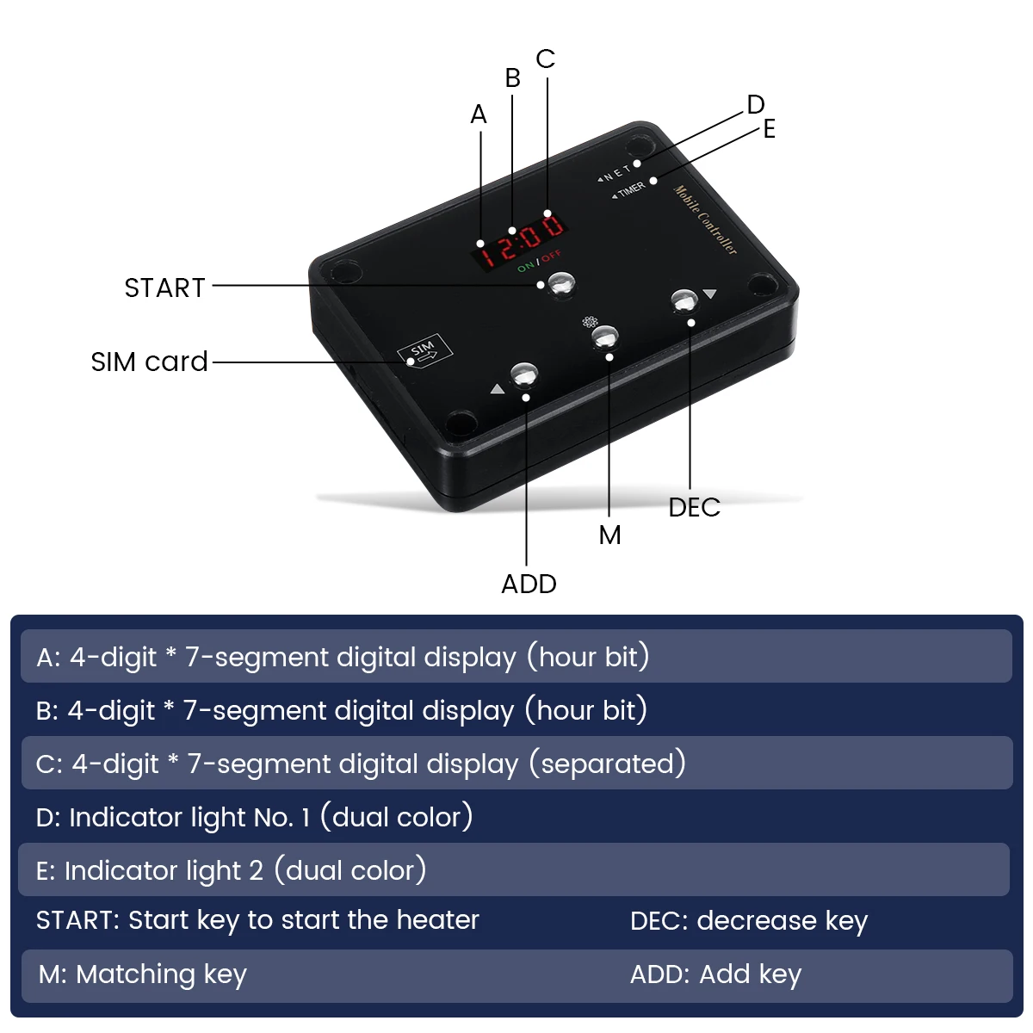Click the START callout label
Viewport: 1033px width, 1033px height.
(164, 288)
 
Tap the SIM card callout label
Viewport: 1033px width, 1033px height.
(149, 362)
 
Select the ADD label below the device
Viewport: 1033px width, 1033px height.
(529, 584)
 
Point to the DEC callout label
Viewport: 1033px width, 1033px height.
(694, 507)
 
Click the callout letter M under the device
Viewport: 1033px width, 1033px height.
(610, 535)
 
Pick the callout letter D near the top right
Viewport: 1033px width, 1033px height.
(755, 104)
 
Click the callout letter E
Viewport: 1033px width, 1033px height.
(770, 128)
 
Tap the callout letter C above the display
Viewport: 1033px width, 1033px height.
(545, 59)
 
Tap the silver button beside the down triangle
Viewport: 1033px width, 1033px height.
(684, 300)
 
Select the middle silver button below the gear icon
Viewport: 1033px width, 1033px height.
(605, 337)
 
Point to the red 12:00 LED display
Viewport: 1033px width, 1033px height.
(519, 241)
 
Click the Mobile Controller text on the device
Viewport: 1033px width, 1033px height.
(705, 220)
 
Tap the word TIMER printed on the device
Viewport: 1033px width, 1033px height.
(632, 189)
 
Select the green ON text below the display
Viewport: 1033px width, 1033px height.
(526, 266)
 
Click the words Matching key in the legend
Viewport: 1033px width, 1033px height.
(161, 974)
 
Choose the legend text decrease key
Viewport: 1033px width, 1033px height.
(782, 921)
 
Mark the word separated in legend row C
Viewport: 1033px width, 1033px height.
(608, 764)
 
